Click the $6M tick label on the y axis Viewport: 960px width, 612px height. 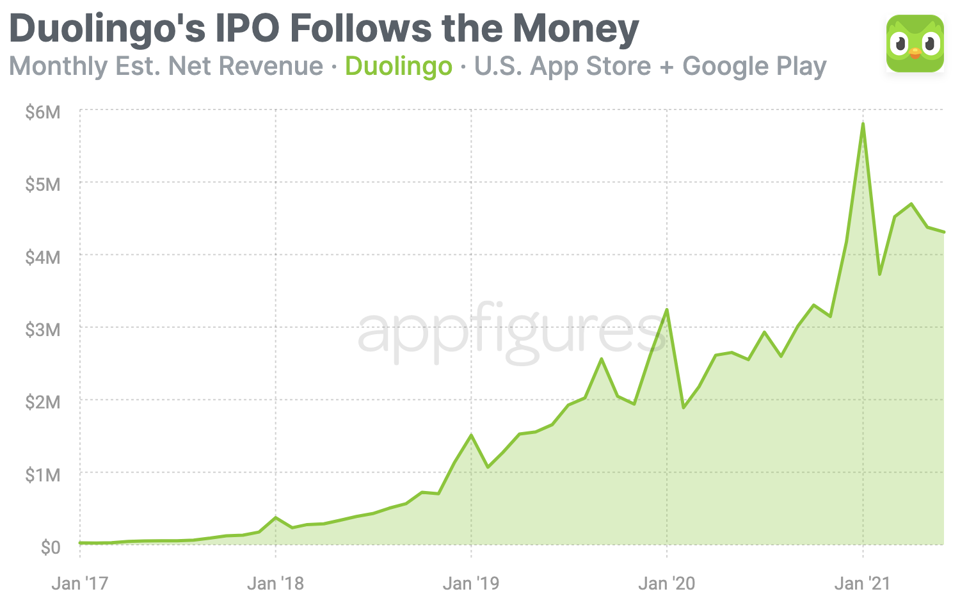(43, 113)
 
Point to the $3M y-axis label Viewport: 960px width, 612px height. (43, 330)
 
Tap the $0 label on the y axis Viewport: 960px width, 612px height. (51, 548)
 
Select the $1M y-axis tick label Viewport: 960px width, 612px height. (43, 476)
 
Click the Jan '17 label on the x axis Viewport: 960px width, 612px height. (80, 584)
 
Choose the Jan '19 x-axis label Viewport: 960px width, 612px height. (471, 584)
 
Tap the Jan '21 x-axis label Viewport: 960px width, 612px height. (862, 584)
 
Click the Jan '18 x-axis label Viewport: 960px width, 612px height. (275, 584)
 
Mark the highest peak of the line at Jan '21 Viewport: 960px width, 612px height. (863, 124)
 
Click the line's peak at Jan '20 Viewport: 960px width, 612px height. (667, 310)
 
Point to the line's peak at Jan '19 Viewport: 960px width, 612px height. (471, 435)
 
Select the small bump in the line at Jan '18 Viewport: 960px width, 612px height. (275, 517)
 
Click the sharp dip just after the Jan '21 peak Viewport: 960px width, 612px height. (880, 274)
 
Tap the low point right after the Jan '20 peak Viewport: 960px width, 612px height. (684, 407)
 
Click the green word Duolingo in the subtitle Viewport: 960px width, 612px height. (399, 67)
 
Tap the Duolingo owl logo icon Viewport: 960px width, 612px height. (915, 44)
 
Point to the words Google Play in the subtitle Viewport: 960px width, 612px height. (755, 67)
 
